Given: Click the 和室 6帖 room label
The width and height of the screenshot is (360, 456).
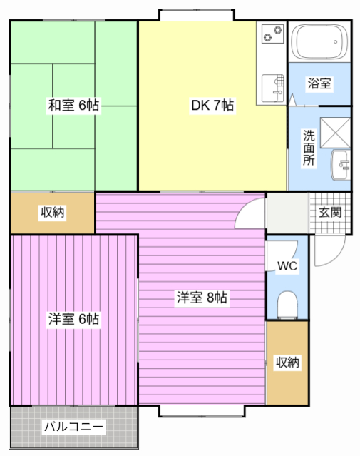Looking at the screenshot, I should point(73,106).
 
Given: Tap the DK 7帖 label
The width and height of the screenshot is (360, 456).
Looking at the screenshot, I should point(212,106).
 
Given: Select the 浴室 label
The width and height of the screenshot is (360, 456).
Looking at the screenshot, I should point(319,83).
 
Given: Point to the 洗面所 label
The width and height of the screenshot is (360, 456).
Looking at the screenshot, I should point(309,148).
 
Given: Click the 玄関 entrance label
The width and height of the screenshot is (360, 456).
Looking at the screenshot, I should point(330,212).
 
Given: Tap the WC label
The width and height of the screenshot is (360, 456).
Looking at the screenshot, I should point(287,266).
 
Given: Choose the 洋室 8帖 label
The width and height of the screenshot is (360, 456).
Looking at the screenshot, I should point(202,298).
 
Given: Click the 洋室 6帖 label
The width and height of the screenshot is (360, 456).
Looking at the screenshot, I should point(73,319).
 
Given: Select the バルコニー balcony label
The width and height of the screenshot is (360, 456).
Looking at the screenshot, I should point(73,427).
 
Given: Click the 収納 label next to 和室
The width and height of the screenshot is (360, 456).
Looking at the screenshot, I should point(52,213).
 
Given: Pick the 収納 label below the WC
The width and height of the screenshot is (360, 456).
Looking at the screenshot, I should point(287,363).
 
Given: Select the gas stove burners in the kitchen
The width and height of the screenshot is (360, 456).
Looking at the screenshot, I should point(272,33).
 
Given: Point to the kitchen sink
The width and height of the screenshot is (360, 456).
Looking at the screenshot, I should point(271,87).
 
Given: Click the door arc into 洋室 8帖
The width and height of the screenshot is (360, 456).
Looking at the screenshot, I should point(250,212).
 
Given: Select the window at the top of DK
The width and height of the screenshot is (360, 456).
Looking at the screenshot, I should point(197,14).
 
